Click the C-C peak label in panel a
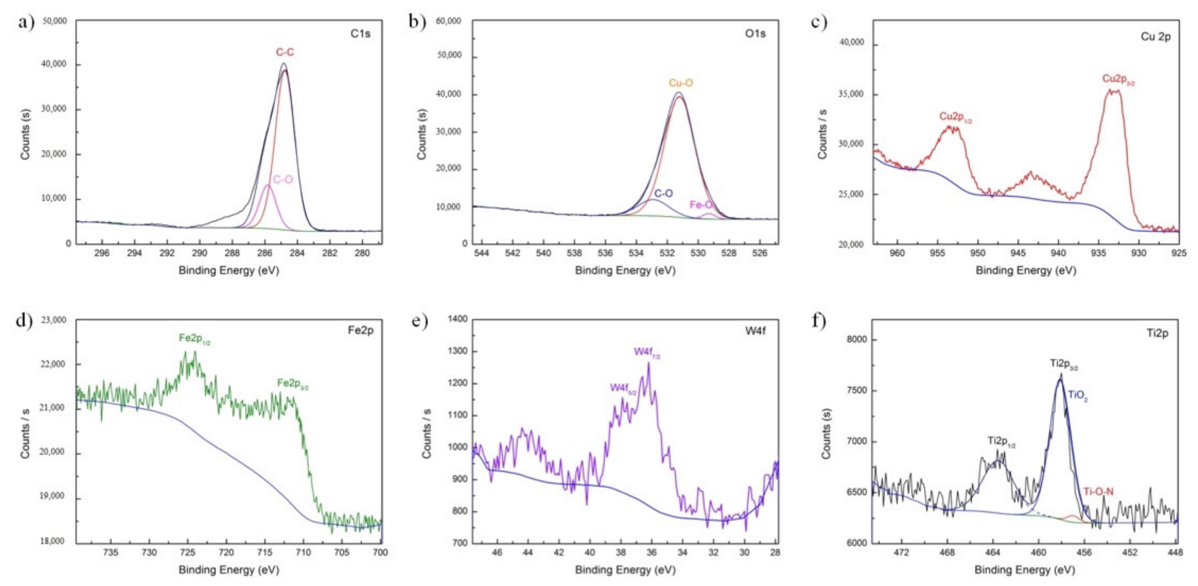(285, 52)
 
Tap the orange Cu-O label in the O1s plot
(681, 83)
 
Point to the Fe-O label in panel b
(701, 205)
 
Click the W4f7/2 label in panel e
(647, 352)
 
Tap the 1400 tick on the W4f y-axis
(457, 319)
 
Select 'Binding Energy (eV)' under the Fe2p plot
(229, 570)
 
